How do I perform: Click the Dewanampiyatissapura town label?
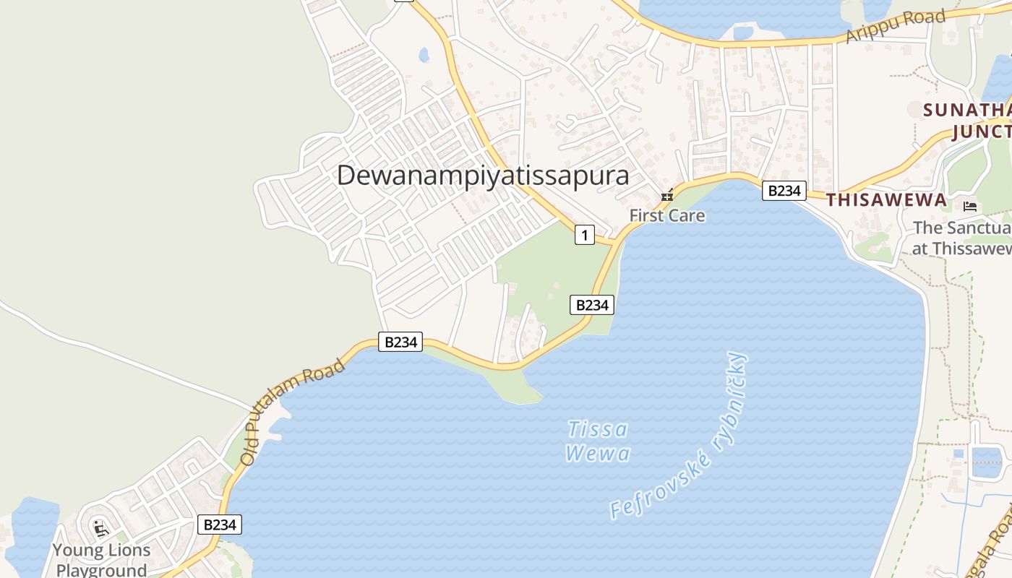pos(483,176)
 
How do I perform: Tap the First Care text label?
pos(666,215)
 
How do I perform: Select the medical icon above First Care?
pos(667,195)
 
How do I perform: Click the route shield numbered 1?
pos(584,235)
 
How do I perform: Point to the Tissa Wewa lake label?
pos(598,441)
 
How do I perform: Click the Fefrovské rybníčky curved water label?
pos(679,437)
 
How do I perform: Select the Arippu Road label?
pos(896,26)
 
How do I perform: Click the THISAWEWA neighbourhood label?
pos(886,200)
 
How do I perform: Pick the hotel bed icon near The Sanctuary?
pos(970,206)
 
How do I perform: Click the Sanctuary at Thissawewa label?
pos(961,238)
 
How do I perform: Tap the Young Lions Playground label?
pos(101,560)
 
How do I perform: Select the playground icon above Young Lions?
pos(100,528)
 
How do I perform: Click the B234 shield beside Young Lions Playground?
pos(220,525)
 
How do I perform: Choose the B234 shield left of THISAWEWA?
pos(784,191)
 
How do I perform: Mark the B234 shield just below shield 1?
pos(591,305)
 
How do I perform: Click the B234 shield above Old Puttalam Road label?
pos(400,342)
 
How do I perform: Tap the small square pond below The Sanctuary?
pos(986,462)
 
